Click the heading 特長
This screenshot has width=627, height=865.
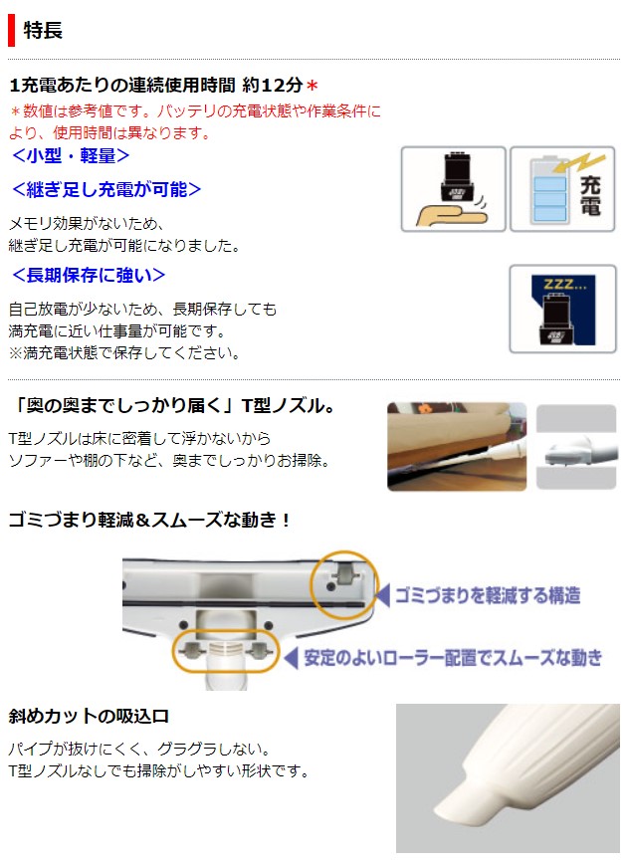[x=43, y=30]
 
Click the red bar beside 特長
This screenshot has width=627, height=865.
[x=11, y=30]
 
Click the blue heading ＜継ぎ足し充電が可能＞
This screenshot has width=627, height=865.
[x=105, y=189]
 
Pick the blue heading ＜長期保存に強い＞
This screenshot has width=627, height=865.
[x=88, y=275]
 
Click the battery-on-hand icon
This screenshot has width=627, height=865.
[x=453, y=189]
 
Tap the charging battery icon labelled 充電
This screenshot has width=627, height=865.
[x=563, y=189]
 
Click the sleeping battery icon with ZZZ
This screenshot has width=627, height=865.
[x=562, y=309]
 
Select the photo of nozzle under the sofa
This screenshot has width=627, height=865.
[x=456, y=446]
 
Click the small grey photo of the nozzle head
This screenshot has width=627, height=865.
[x=576, y=446]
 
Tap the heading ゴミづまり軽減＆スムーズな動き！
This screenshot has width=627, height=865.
[x=149, y=520]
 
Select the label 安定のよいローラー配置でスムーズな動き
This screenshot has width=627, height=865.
[x=453, y=657]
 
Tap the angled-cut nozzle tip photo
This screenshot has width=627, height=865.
[x=507, y=777]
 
